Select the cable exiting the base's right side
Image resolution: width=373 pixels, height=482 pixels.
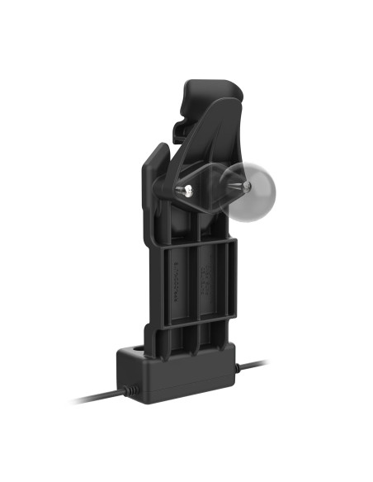pos(252,364)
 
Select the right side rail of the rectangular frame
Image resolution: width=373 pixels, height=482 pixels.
pos(234,281)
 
